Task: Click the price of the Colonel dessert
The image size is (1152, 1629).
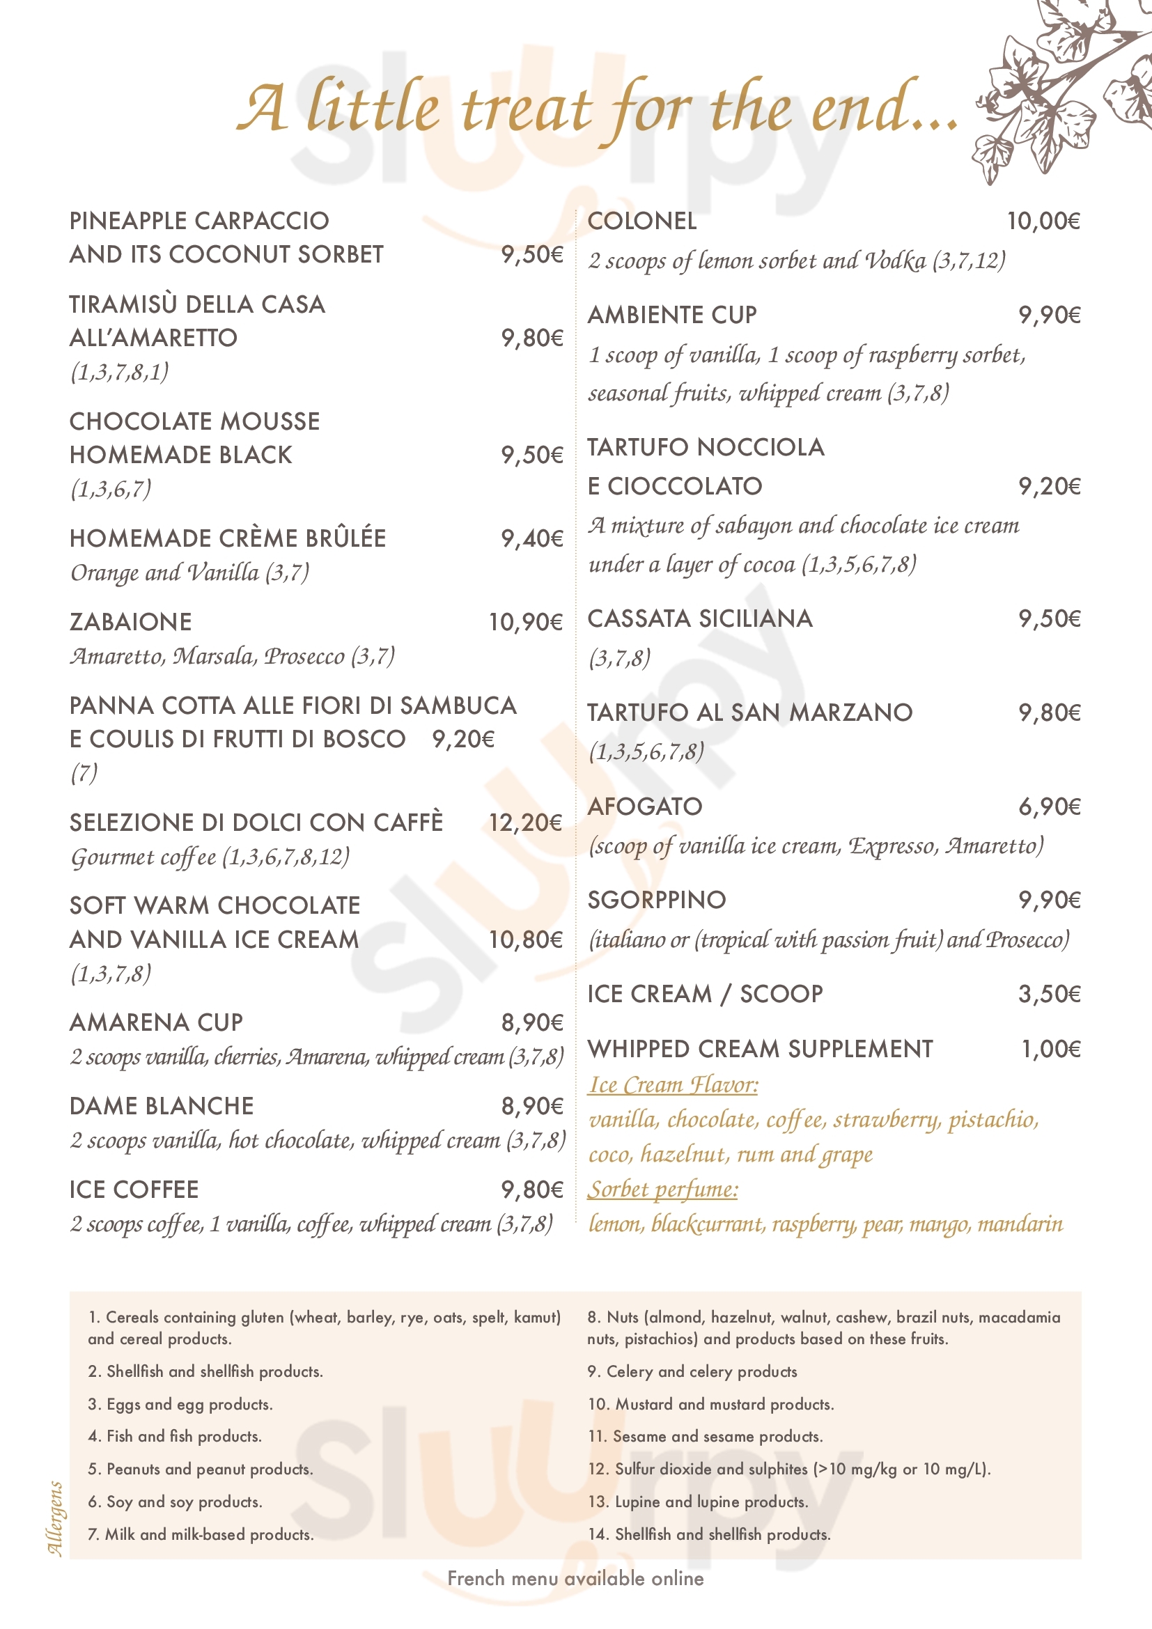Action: pos(1043,221)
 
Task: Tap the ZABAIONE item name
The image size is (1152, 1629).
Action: pos(130,622)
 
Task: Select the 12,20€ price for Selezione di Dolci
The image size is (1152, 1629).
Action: pos(525,823)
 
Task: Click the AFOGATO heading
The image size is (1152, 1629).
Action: pos(645,806)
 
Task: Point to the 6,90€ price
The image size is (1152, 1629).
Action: pos(1049,806)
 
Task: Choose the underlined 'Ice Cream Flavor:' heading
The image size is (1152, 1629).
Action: pos(674,1085)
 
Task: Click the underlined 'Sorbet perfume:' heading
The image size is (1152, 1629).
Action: pos(662,1190)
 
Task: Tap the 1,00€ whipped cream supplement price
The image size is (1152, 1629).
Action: pos(1050,1050)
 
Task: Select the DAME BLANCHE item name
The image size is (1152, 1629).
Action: pos(162,1106)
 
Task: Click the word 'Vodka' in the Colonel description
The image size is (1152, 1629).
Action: pos(894,261)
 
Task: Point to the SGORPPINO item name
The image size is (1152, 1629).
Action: pos(657,901)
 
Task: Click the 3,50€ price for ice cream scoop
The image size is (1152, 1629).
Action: pos(1049,995)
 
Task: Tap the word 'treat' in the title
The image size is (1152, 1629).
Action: pos(526,110)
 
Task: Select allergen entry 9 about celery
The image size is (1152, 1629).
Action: pos(692,1371)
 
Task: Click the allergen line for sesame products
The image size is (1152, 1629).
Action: pos(705,1436)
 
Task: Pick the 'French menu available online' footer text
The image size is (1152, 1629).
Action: pos(575,1578)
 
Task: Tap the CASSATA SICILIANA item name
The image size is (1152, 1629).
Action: pos(700,618)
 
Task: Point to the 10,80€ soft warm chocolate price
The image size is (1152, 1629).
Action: pos(525,940)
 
